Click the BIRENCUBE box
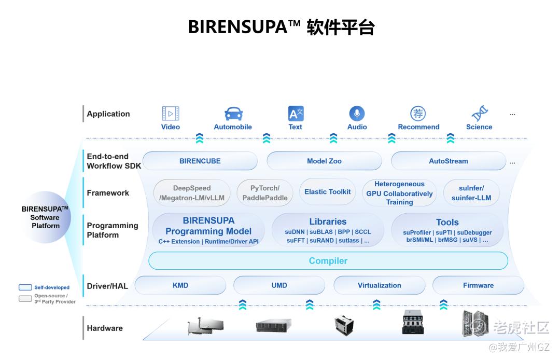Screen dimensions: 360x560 200,161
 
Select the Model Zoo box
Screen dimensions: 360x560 324,161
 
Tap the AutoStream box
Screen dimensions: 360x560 448,161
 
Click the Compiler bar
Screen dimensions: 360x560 328,261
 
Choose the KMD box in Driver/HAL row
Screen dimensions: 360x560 180,285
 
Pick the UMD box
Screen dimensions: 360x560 279,285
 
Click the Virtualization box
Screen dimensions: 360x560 379,285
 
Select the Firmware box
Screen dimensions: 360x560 478,285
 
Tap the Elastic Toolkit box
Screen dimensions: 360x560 327,192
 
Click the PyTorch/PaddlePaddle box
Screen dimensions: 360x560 264,193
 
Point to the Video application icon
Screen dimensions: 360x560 171,114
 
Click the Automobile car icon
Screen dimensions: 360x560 233,114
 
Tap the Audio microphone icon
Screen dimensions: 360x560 357,114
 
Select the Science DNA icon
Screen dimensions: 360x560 479,114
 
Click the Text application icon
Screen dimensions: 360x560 296,114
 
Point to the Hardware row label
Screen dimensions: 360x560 105,328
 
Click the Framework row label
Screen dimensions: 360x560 108,193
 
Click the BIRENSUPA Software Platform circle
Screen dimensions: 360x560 46,217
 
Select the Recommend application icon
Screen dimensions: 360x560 418,114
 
